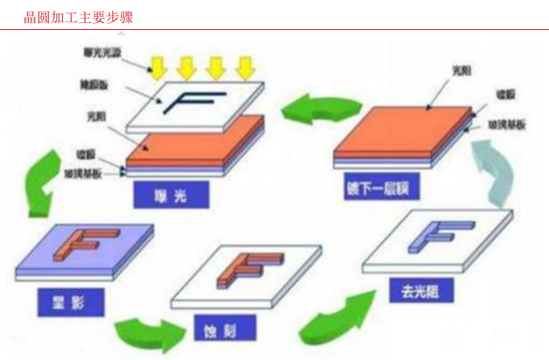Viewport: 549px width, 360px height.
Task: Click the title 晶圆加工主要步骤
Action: click(78, 17)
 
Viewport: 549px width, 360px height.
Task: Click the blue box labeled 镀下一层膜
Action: click(377, 186)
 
